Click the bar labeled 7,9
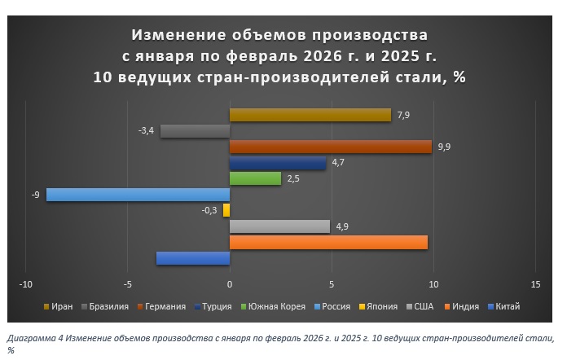click(x=310, y=115)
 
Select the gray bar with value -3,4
click(x=195, y=130)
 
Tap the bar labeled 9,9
click(x=330, y=147)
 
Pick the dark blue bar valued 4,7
click(x=277, y=163)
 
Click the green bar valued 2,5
click(x=255, y=178)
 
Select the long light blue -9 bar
click(x=138, y=195)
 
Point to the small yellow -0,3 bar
click(x=226, y=210)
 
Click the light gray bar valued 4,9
click(x=279, y=226)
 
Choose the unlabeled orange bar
click(x=328, y=242)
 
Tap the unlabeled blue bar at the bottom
click(x=192, y=258)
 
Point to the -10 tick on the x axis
click(x=26, y=284)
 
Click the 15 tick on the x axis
click(x=535, y=284)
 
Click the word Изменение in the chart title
click(x=177, y=36)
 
